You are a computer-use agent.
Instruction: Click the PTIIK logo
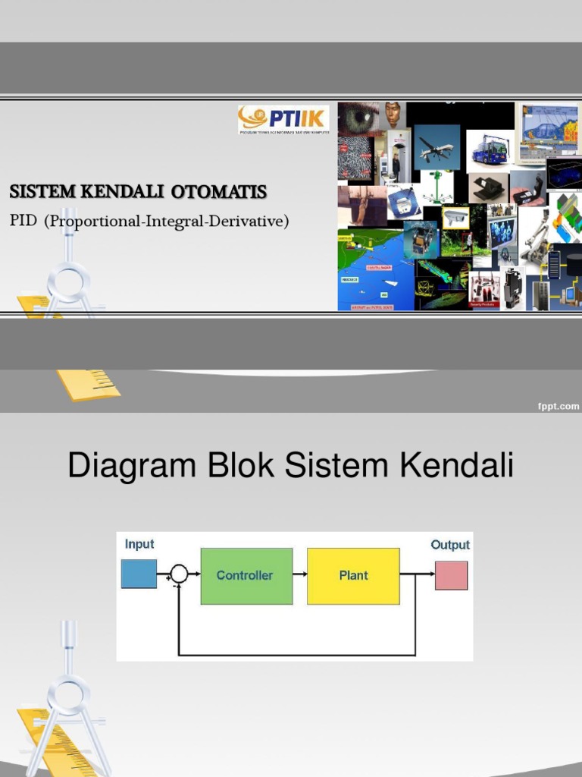[283, 120]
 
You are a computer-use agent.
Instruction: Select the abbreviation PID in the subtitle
[23, 222]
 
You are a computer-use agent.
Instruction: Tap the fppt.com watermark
[558, 407]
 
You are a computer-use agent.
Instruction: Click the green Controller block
[246, 576]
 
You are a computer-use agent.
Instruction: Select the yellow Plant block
[353, 576]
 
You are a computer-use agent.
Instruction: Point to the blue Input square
[139, 574]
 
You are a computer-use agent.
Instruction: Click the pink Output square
[451, 575]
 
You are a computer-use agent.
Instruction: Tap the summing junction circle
[179, 574]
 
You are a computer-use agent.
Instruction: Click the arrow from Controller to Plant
[299, 574]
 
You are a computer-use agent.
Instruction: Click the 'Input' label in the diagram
[139, 544]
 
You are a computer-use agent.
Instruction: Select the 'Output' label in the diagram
[450, 545]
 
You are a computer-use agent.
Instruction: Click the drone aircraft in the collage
[436, 149]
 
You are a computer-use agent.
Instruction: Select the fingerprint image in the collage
[355, 159]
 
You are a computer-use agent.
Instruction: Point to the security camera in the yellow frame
[455, 218]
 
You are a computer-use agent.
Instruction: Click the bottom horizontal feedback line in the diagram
[296, 654]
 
